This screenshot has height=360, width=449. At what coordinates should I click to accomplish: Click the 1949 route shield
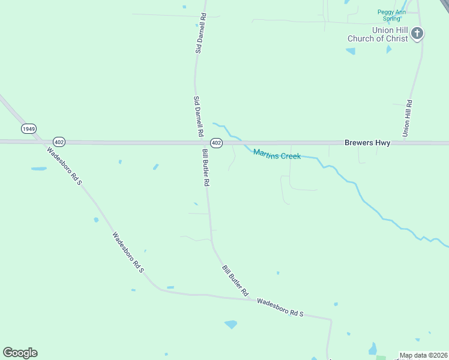point(29,128)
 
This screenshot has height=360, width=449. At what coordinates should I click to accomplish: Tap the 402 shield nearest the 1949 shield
point(59,142)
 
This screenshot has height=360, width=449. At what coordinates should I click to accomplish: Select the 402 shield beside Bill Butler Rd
point(217,143)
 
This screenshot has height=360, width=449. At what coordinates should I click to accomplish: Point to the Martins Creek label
point(277,154)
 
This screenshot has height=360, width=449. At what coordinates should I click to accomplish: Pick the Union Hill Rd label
point(408,117)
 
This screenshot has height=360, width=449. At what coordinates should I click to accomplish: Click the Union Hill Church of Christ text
point(378,34)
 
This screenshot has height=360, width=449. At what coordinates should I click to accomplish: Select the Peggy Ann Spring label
point(392,15)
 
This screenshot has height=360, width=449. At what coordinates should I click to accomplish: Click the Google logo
point(20,353)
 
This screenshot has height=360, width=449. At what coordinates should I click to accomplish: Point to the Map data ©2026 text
point(423,355)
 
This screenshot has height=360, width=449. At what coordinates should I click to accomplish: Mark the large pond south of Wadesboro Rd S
point(231,325)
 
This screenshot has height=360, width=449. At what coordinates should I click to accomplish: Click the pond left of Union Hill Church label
point(351,51)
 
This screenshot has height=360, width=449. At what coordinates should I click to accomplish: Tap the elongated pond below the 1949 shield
point(39,169)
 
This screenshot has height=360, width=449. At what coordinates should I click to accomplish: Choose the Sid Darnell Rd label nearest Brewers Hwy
point(199,116)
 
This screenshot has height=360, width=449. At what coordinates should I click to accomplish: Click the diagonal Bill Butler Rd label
point(235,281)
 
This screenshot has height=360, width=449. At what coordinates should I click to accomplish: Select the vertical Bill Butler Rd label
point(206,167)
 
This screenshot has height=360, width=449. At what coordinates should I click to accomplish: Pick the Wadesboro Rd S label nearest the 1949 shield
point(64,166)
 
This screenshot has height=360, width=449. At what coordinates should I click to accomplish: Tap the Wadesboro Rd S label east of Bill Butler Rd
point(280,307)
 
